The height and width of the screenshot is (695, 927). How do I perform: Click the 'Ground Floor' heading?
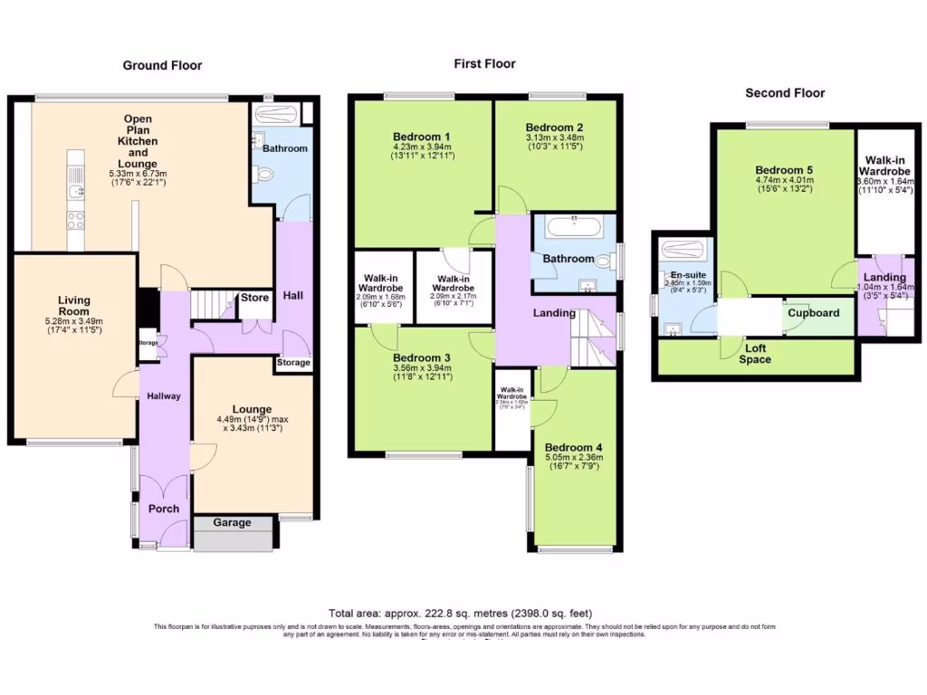point(162,65)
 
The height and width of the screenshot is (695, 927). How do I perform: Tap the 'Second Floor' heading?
point(785,92)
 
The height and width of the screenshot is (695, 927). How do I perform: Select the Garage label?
point(233,523)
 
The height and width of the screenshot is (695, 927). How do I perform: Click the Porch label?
point(163,509)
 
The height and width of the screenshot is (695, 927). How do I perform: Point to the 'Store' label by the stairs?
point(254,298)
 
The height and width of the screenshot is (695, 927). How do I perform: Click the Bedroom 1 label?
point(423,137)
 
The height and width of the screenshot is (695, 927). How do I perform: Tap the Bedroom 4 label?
point(573,447)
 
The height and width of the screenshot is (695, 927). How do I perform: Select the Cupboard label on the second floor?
point(813,313)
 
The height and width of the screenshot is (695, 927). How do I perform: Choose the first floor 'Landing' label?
point(554,313)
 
